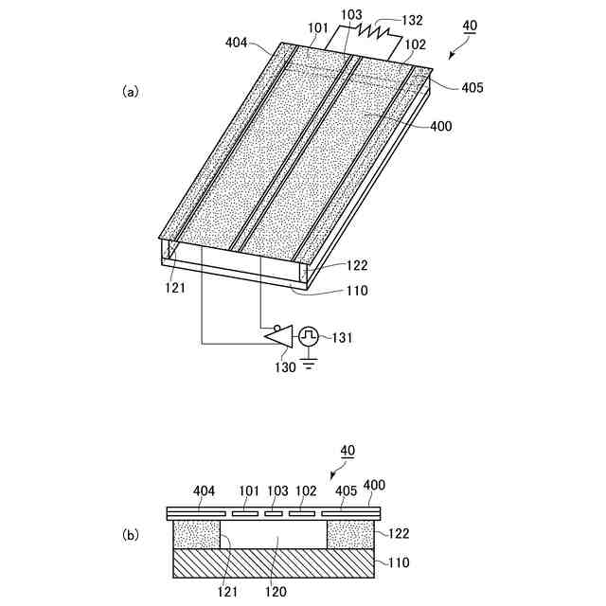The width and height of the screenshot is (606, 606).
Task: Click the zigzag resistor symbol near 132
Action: [x=376, y=35]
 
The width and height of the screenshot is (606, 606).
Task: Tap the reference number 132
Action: [x=412, y=20]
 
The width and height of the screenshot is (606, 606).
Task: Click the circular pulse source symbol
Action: [x=309, y=336]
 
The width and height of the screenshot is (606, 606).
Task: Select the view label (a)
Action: [x=131, y=92]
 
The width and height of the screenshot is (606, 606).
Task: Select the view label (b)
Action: [x=131, y=534]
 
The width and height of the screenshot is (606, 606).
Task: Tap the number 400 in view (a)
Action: [x=441, y=125]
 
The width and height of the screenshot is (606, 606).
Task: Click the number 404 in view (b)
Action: [x=204, y=491]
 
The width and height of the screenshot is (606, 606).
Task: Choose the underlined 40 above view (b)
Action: [x=347, y=453]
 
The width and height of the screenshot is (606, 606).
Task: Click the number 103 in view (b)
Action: [x=276, y=491]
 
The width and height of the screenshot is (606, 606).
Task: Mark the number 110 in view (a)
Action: [x=330, y=291]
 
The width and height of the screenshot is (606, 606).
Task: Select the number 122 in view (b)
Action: [x=397, y=533]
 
